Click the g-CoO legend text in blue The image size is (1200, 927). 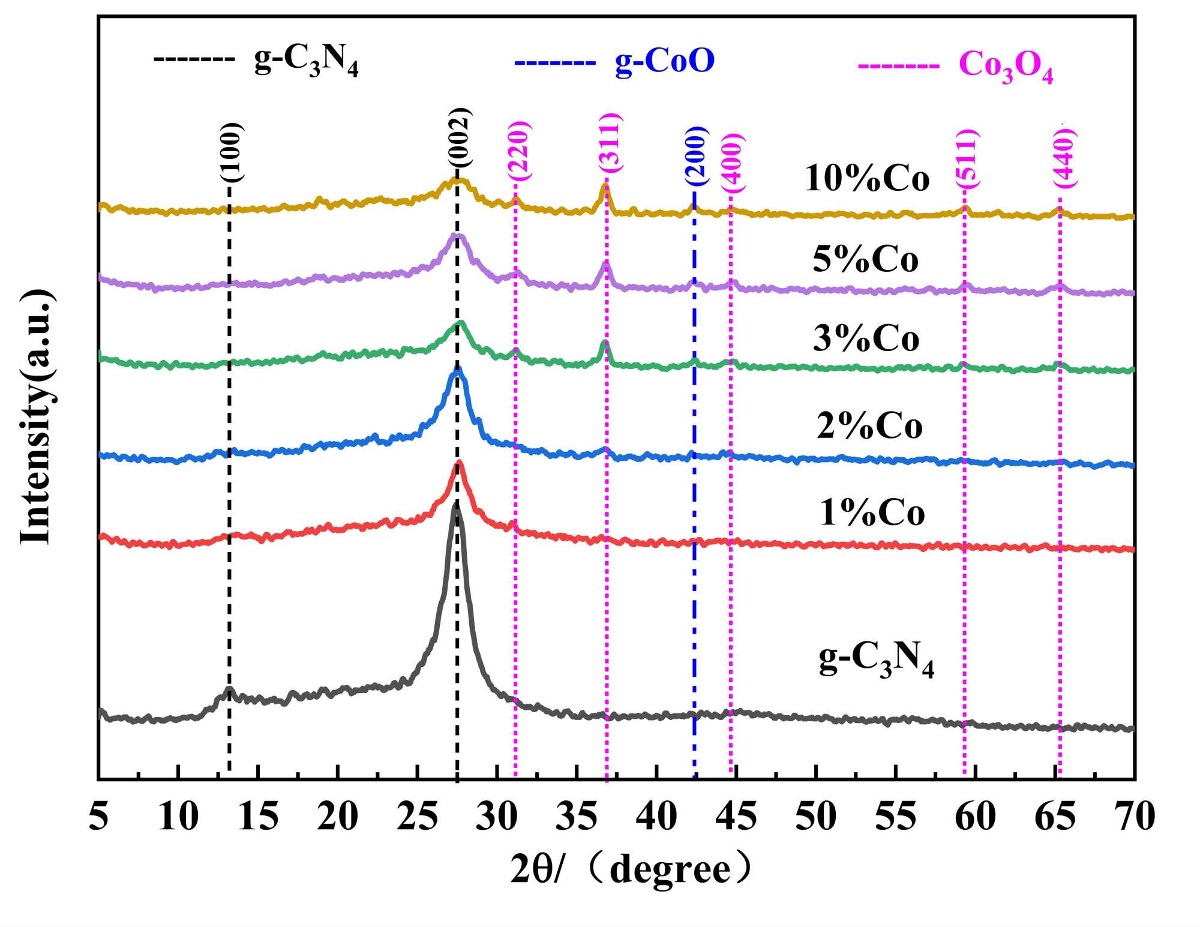[665, 62]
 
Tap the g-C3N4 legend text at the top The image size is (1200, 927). [306, 62]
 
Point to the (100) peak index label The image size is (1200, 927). [232, 152]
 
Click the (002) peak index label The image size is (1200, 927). [460, 137]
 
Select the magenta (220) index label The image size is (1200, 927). [519, 151]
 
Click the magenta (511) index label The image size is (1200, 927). [967, 159]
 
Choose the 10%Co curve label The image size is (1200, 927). [867, 179]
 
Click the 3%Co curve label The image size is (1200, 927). [866, 339]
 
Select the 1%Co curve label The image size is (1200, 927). [872, 514]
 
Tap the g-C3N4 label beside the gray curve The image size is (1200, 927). [877, 661]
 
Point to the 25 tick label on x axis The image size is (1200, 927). [417, 817]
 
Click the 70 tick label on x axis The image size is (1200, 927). [1135, 817]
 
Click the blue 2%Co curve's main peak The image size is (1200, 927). [458, 370]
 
